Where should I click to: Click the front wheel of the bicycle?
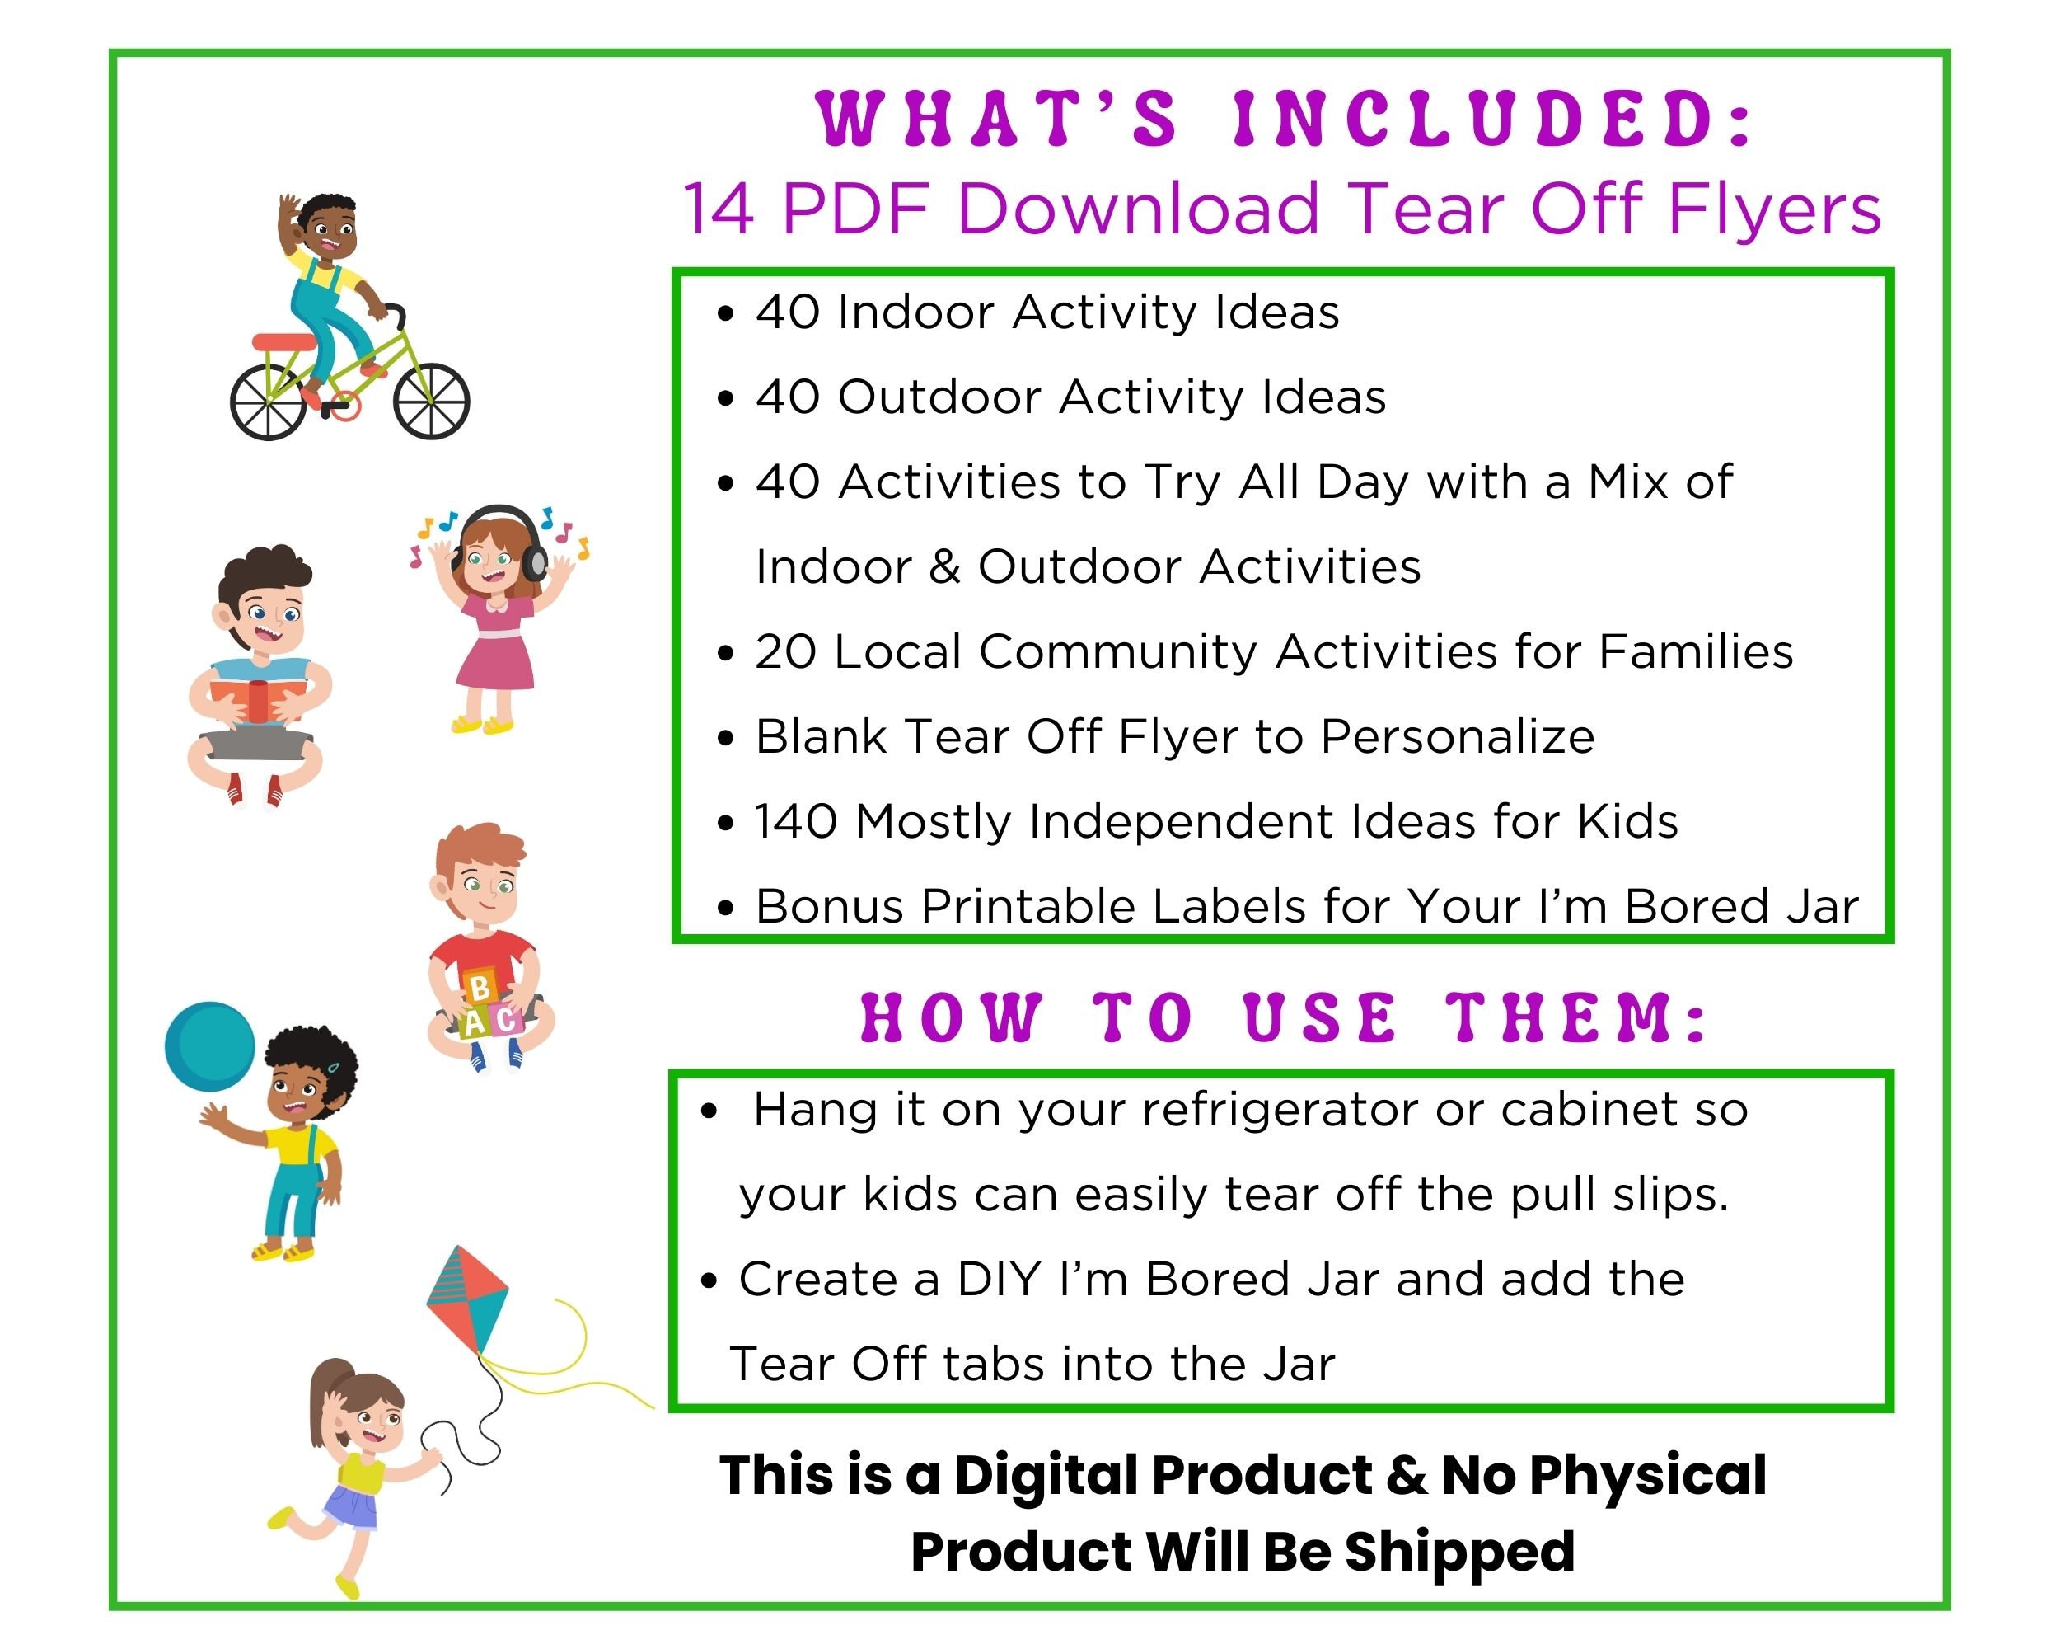coord(431,402)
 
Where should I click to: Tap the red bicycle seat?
coord(283,342)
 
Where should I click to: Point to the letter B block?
coord(480,987)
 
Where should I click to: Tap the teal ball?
coord(210,1047)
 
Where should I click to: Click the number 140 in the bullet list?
coord(796,821)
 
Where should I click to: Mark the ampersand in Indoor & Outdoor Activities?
coord(944,567)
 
